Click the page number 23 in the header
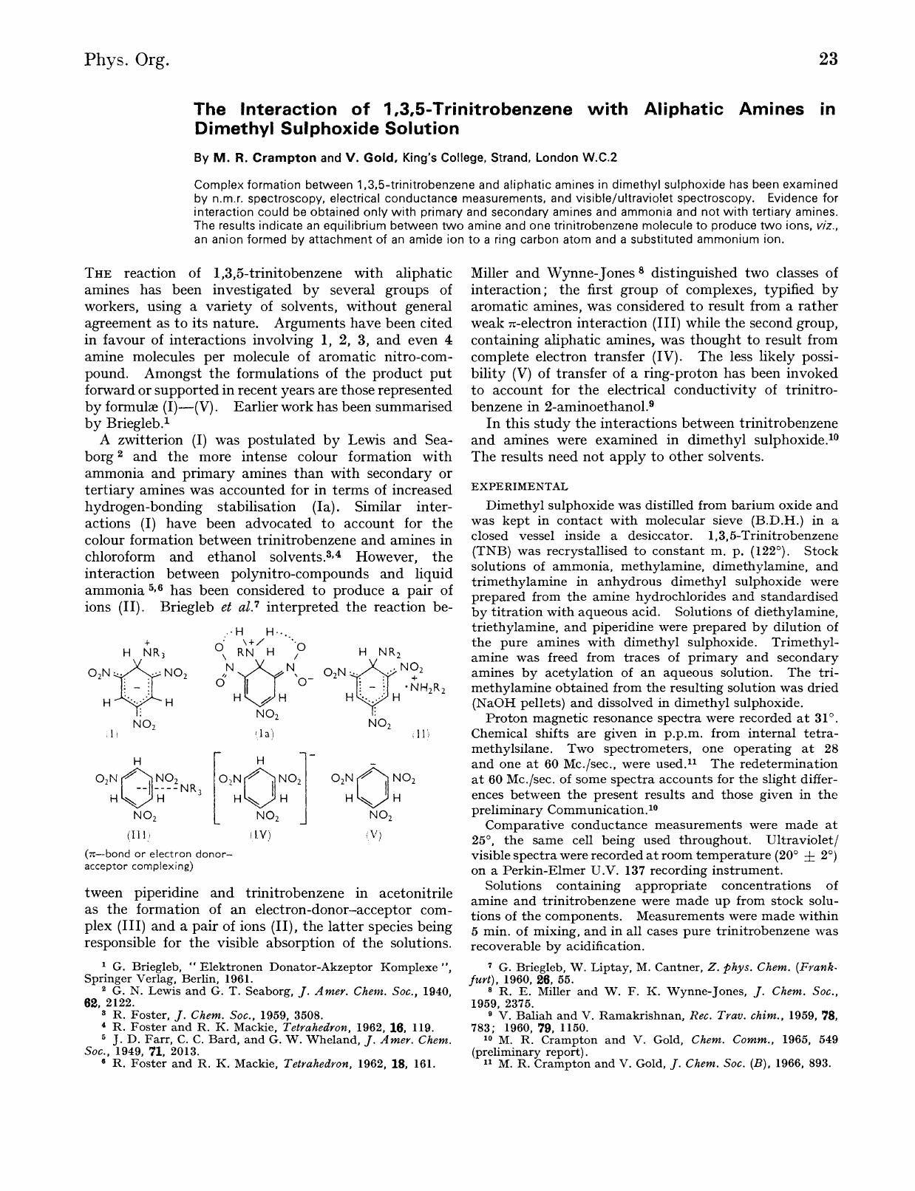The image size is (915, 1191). (x=828, y=59)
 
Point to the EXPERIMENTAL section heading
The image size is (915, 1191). (x=520, y=486)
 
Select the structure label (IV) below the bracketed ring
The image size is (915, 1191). (x=260, y=835)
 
